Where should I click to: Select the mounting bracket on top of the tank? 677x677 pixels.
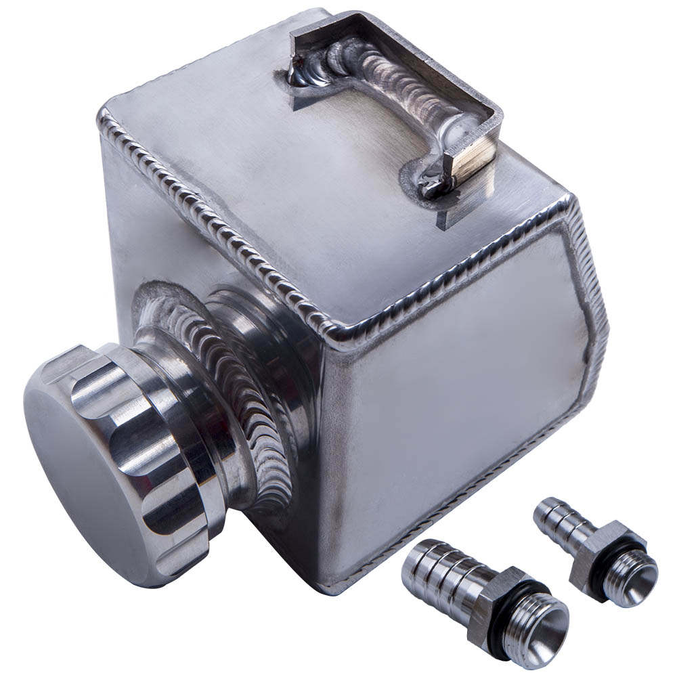(399, 95)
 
